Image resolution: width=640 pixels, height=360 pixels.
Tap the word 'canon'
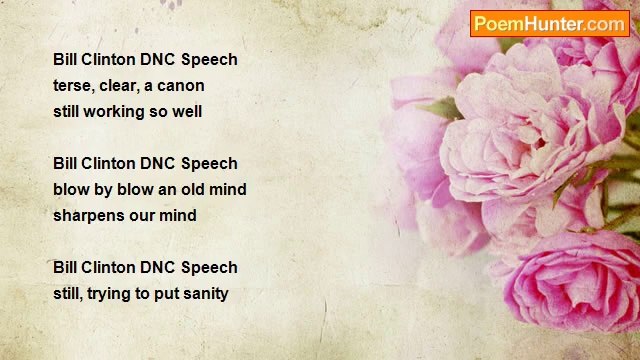[182, 86]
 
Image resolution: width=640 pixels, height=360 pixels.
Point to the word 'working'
[123, 112]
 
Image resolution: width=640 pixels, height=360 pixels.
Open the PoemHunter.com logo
[549, 23]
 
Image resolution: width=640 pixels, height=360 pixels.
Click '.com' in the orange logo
[604, 23]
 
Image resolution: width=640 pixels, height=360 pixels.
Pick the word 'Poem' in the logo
[495, 23]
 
